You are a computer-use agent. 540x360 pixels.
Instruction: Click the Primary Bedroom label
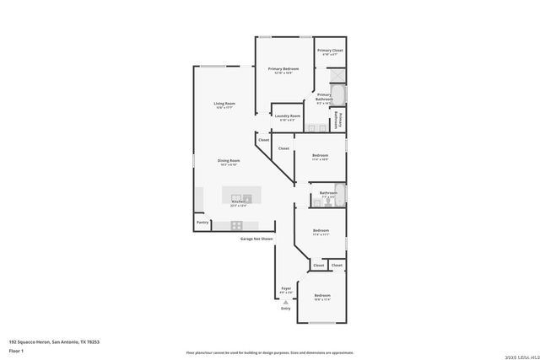283,68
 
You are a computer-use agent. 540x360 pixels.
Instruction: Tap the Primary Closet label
330,51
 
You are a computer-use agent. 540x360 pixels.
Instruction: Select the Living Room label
224,104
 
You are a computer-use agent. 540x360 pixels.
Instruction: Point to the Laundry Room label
289,116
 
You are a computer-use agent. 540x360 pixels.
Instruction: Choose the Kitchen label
239,202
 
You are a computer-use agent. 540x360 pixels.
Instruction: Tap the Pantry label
202,223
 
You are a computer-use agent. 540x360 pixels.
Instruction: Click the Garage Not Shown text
255,239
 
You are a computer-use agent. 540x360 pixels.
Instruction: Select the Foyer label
286,288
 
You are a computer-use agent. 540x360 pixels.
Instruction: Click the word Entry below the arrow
286,308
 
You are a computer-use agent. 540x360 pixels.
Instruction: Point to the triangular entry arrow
286,301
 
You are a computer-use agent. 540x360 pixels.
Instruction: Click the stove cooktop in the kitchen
237,225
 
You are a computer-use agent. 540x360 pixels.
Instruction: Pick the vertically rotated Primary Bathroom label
337,120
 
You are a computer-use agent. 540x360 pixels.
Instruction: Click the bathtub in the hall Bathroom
340,194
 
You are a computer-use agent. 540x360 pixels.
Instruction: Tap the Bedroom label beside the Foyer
321,296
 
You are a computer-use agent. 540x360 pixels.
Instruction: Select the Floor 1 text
16,350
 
